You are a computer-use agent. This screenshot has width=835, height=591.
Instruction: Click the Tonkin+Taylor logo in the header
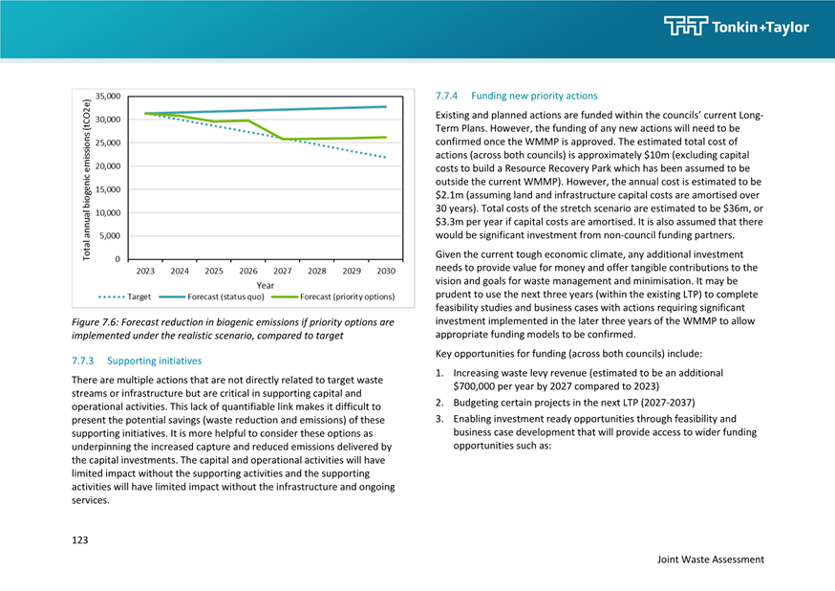click(x=737, y=26)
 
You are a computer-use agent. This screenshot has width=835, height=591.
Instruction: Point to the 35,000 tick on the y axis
click(x=108, y=97)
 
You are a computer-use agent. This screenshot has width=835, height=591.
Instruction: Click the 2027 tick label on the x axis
click(x=282, y=271)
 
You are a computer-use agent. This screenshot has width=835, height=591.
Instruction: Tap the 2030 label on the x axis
click(x=386, y=271)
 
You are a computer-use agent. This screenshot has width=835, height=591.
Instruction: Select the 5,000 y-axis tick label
click(x=110, y=236)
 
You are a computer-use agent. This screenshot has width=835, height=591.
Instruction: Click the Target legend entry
click(x=125, y=296)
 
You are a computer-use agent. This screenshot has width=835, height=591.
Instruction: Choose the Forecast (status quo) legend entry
click(x=212, y=296)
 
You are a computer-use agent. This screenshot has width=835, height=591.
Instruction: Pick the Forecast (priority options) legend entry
click(x=333, y=296)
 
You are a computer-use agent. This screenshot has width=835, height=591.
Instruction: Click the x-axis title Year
click(x=266, y=285)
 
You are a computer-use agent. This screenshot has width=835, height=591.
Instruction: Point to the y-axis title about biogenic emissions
click(x=86, y=180)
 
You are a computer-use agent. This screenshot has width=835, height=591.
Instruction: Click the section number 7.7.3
click(x=82, y=361)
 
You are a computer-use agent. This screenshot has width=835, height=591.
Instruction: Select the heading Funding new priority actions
click(x=534, y=96)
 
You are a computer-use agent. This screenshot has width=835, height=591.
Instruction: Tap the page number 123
click(x=80, y=540)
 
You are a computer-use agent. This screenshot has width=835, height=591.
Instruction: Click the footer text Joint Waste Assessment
click(x=711, y=559)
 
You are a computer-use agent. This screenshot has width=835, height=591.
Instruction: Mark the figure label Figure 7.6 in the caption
click(x=95, y=322)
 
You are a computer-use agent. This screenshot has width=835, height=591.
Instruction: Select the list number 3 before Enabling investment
click(x=439, y=419)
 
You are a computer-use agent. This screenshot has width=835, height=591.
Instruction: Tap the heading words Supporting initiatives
click(x=155, y=361)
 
